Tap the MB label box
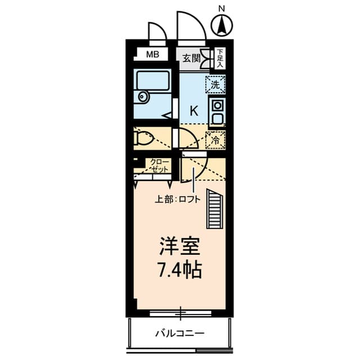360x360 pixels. [x=152, y=55]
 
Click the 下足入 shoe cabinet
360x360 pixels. [x=220, y=57]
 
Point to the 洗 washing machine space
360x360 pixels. [x=215, y=84]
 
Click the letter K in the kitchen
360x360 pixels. [x=193, y=110]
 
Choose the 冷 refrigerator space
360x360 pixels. [x=215, y=139]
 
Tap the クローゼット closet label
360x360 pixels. [x=159, y=165]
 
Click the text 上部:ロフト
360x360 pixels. [x=178, y=199]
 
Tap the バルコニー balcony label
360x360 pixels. [x=180, y=334]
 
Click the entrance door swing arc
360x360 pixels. [x=189, y=25]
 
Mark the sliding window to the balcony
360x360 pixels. [x=180, y=310]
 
